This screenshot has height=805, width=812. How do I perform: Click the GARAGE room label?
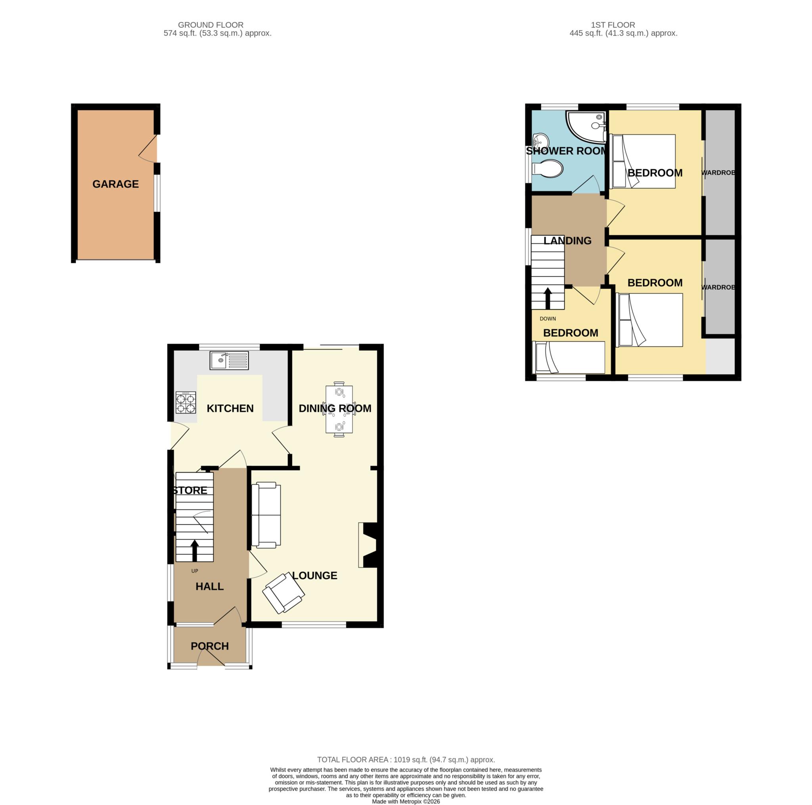click(x=116, y=184)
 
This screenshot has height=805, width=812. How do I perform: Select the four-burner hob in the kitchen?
click(x=186, y=402)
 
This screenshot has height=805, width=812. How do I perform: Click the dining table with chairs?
click(x=339, y=409)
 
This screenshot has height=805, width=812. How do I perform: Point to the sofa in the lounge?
click(x=266, y=515)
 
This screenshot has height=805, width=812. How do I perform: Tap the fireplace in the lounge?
click(x=368, y=545)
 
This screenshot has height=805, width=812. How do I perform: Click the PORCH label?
click(x=210, y=646)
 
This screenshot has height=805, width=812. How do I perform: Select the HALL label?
click(x=210, y=586)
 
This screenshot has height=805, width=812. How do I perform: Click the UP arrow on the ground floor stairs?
click(x=195, y=551)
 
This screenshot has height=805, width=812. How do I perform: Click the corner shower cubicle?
click(x=586, y=127)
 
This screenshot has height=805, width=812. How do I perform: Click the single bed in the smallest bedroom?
click(x=568, y=357)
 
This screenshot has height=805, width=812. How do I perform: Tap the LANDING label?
click(x=567, y=240)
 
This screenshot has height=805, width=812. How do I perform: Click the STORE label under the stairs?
click(x=190, y=490)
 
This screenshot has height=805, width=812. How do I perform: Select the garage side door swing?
click(x=147, y=148)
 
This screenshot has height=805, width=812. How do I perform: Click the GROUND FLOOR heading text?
click(x=211, y=25)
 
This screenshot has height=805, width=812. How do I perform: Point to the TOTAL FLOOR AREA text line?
click(x=406, y=771)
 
